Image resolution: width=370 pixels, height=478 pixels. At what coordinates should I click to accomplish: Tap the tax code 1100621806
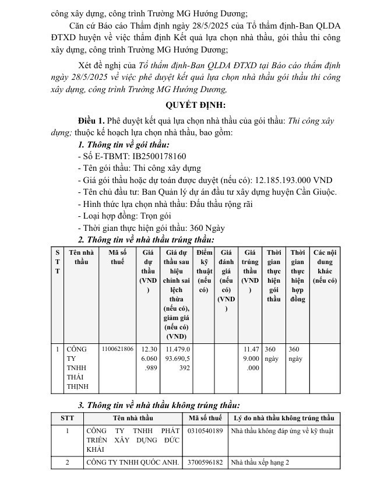tap(117, 349)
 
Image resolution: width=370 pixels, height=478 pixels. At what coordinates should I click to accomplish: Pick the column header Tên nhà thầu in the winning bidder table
tap(81, 257)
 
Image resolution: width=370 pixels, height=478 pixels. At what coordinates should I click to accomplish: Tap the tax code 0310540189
tap(206, 431)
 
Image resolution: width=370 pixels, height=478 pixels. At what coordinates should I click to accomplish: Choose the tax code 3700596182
tap(206, 462)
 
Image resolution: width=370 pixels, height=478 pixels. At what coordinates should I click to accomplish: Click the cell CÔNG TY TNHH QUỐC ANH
tap(132, 462)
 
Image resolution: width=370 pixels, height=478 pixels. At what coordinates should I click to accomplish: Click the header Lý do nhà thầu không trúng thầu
tap(284, 418)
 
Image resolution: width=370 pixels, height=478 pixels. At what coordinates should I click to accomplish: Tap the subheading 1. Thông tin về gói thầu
tap(124, 145)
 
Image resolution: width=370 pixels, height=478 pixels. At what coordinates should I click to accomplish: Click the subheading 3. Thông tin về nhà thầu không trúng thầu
tap(158, 405)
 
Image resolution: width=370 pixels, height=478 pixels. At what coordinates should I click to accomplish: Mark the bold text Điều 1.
tap(91, 120)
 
